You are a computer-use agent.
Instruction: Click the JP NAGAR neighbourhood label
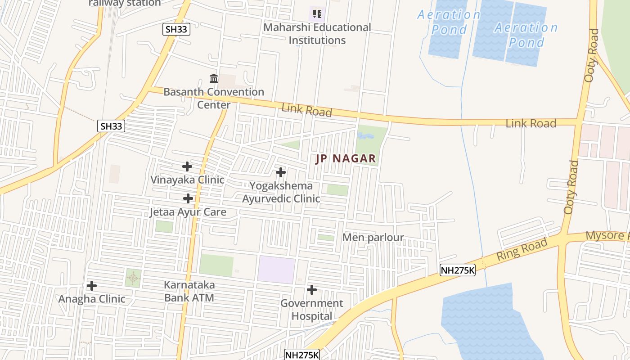click(346, 158)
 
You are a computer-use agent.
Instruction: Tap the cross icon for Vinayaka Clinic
click(187, 166)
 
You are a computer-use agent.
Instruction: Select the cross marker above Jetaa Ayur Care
click(188, 198)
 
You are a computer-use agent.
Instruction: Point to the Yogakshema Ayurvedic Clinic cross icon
click(281, 172)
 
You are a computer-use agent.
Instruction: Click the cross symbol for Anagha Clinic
click(92, 286)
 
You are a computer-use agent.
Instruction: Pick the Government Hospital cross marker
click(312, 290)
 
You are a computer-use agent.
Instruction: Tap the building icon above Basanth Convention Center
click(214, 79)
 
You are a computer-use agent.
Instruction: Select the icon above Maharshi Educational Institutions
click(317, 14)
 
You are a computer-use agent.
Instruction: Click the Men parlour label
click(373, 237)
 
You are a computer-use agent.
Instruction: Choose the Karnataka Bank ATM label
click(189, 291)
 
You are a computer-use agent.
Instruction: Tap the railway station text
click(125, 3)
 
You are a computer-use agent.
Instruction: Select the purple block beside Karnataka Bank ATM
click(276, 270)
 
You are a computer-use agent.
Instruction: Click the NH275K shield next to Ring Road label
click(457, 270)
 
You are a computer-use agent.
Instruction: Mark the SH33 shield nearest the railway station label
click(176, 30)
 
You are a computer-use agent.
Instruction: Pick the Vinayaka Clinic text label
click(187, 180)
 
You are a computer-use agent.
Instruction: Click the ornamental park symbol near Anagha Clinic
click(133, 278)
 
